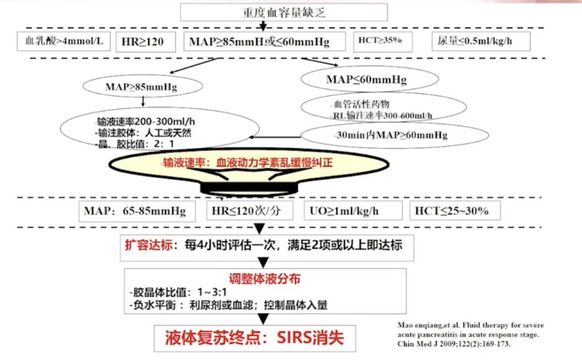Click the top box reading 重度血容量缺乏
click(283, 12)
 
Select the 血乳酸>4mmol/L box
click(60, 41)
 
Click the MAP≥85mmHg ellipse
click(143, 86)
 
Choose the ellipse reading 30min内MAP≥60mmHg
click(390, 135)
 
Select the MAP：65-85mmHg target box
click(135, 211)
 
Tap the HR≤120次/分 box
click(250, 211)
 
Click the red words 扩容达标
click(146, 245)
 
